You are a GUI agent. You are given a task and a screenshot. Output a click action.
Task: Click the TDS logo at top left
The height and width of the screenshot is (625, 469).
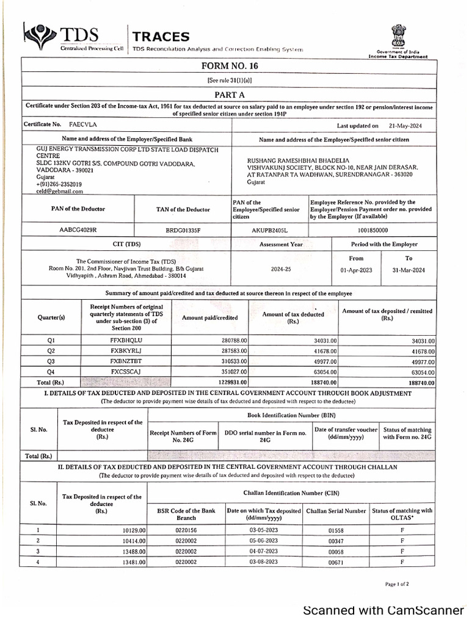coord(61,38)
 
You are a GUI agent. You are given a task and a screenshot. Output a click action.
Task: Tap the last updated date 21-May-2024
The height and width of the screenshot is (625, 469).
coord(404,126)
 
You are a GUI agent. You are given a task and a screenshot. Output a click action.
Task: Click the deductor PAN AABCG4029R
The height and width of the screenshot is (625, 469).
coord(79,229)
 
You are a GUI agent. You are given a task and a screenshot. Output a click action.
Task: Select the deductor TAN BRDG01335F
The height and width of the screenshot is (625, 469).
coord(183,229)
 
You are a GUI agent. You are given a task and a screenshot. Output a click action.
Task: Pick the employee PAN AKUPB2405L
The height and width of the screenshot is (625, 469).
coord(269,229)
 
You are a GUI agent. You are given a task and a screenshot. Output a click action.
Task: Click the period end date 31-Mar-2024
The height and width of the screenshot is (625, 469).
coord(409,270)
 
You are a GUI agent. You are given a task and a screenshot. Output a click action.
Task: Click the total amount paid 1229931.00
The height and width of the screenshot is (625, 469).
coord(227,381)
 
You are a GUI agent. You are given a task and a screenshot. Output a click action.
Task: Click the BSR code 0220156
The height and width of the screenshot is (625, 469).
coord(186,530)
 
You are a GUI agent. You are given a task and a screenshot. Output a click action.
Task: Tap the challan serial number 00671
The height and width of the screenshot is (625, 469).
coord(336,562)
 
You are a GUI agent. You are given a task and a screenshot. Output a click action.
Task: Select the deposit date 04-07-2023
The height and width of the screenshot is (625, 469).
coord(263,551)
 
